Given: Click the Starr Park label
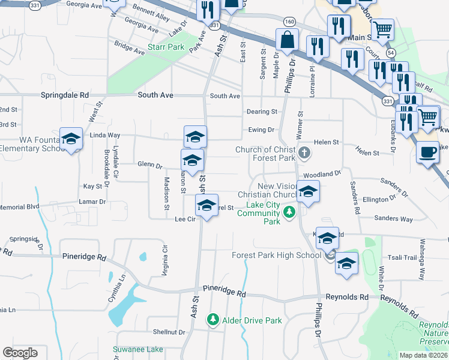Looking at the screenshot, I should coord(166,47).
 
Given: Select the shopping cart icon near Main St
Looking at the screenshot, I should coord(382,28).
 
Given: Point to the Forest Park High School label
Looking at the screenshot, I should coord(277,255).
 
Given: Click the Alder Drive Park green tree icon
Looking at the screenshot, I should coord(212,320).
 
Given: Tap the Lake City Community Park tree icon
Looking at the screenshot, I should coord(289,212).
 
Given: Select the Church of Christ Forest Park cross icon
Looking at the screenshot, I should coord(304,152).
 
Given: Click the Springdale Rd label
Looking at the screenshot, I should coord(64,95).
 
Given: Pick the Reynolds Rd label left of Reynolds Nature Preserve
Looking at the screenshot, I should coord(347,297).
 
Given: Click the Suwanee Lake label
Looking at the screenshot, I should coord(137,349).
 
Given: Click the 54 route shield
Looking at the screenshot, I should coord(391,53).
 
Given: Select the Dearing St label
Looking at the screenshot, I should coord(262,112).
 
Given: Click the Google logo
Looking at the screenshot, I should coord(20,352).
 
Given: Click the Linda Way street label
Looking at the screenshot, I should coord(105,136).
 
